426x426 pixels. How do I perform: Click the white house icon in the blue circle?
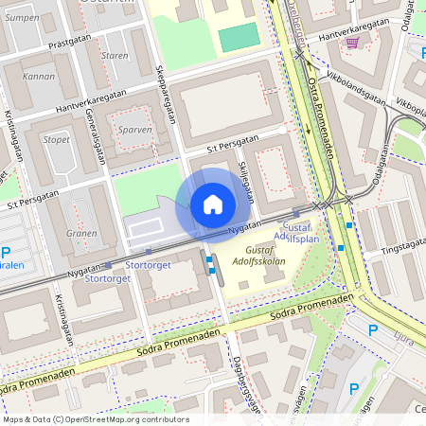213,204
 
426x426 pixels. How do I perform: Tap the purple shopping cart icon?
352,42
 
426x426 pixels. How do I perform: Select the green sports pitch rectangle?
239,39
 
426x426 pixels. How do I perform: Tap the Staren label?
114,56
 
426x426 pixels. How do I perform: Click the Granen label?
82,233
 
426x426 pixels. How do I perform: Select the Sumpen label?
22,18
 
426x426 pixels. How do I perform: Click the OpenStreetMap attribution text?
95,418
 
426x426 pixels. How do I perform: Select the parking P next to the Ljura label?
372,329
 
